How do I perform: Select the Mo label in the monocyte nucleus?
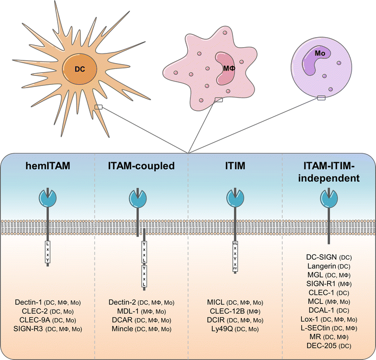[319, 54]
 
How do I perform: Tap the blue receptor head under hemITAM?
[47, 199]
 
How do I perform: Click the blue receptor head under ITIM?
[234, 199]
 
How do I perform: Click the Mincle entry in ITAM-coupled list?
[121, 329]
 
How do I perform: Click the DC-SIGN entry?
[321, 257]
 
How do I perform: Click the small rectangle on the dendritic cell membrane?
[98, 107]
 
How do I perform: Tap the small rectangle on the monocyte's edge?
[321, 98]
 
